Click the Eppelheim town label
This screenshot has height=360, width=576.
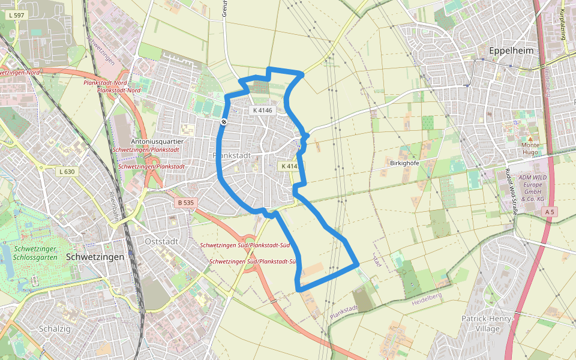coord(511,51)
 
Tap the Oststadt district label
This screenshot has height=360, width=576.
coord(161,241)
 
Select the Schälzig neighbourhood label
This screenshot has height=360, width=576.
coord(55,329)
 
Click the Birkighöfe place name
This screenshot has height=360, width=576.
coord(404,163)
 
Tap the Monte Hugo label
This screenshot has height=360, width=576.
coord(530,149)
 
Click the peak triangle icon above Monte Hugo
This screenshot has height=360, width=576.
coord(530,138)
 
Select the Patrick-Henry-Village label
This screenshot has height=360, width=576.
coord(488,324)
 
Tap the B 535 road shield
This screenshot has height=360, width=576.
coord(186,203)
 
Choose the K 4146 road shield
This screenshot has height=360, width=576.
coord(262,110)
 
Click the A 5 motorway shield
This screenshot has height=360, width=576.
coord(550,212)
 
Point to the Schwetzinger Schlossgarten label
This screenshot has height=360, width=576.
coord(37,253)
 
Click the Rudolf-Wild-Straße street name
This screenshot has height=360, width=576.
coord(511,191)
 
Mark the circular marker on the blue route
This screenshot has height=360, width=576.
coord(223,122)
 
